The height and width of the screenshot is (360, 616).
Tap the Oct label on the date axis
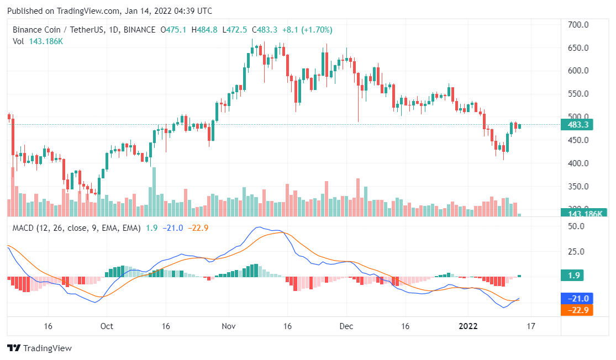107,326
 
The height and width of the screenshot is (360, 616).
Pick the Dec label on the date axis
346,326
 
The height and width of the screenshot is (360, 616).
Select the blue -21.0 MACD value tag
577,298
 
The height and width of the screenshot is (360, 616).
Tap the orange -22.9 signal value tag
577,310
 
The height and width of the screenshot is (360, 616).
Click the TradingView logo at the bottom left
39,348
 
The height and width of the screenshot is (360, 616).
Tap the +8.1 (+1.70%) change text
307,30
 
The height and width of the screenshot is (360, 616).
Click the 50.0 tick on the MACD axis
577,226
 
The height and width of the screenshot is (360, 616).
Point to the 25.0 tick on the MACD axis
577,252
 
